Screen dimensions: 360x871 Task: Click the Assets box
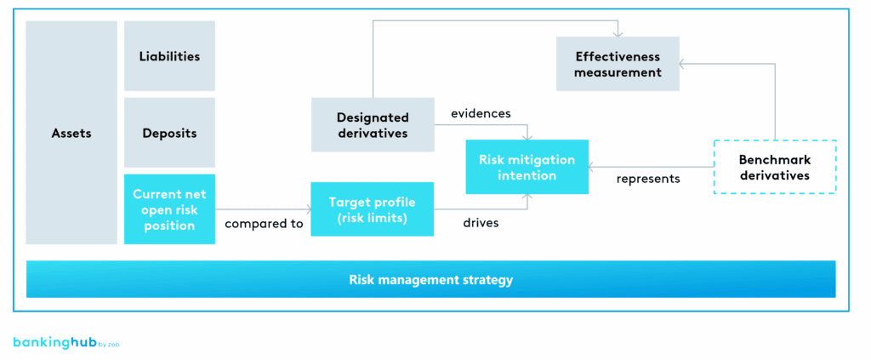(x=71, y=133)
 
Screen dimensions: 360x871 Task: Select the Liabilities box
(x=169, y=56)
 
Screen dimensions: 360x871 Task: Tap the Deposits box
(x=169, y=134)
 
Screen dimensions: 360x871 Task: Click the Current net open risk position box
(x=169, y=209)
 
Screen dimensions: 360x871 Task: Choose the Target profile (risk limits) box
(x=372, y=209)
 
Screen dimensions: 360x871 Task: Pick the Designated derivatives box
(x=372, y=125)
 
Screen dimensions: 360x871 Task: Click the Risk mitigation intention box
(x=527, y=167)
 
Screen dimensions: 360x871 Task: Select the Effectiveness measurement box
(x=618, y=64)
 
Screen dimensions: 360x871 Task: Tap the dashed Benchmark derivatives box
(x=774, y=167)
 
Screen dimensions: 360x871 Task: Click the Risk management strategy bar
(x=430, y=279)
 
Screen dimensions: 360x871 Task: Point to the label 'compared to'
(x=264, y=224)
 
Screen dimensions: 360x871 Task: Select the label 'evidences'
(x=481, y=113)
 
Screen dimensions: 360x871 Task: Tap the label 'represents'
(x=648, y=179)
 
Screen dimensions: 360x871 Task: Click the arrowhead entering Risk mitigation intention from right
(x=593, y=167)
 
